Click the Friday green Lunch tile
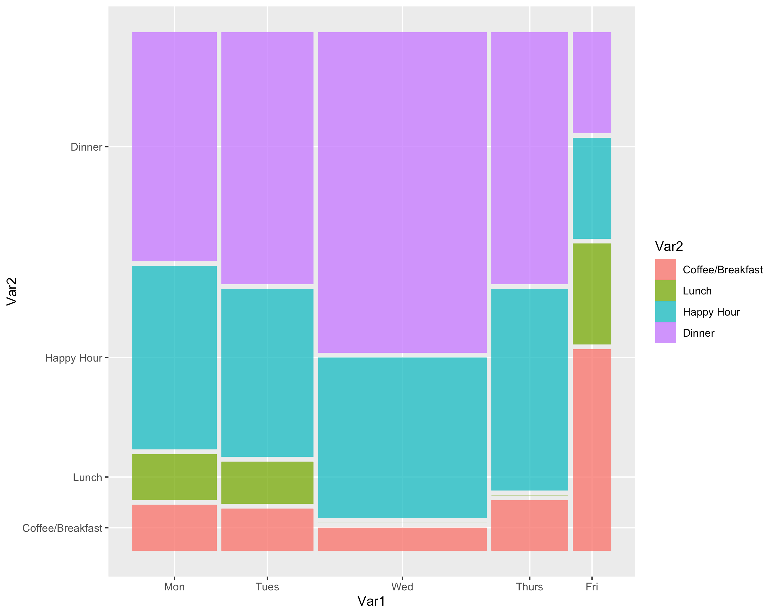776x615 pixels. [592, 294]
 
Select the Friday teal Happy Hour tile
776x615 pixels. [592, 188]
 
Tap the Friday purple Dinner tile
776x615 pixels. [592, 82]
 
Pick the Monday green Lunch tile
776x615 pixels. [174, 477]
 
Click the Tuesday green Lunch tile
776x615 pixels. [267, 483]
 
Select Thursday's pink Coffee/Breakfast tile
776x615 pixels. [529, 525]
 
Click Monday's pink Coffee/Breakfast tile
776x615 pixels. [174, 527]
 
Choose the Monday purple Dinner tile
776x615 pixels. [174, 146]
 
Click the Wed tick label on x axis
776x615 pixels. [402, 587]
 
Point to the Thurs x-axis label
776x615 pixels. [529, 587]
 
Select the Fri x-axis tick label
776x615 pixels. [592, 587]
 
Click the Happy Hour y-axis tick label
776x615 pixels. [74, 358]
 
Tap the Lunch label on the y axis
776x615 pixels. [88, 478]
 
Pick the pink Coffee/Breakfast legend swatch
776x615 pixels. [665, 269]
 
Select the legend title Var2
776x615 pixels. [669, 246]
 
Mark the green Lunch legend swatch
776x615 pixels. [665, 291]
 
